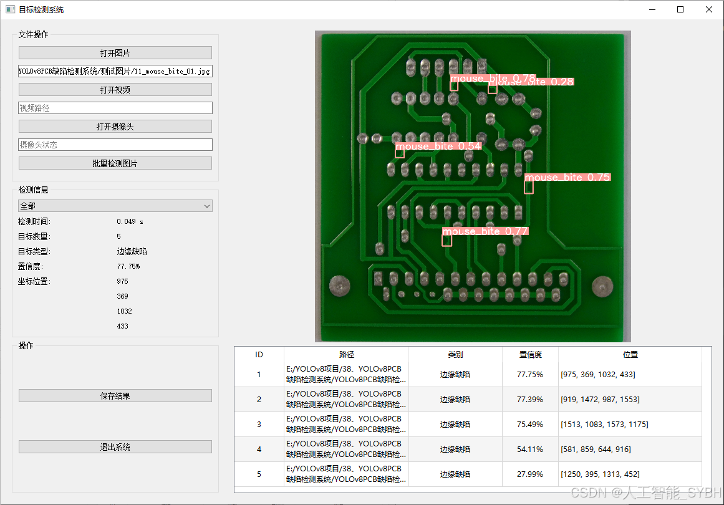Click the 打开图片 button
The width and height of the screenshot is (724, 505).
pos(115,53)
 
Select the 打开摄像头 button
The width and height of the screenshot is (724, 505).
pos(115,127)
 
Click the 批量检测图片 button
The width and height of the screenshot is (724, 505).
pos(115,163)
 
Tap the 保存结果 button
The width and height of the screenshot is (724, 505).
pos(115,396)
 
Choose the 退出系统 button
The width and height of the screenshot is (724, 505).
pos(115,447)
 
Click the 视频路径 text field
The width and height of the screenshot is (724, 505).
pos(115,108)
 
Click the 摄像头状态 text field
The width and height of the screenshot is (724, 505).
pos(115,145)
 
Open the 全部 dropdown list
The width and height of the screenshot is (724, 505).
pos(115,206)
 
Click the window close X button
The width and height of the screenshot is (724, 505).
pos(709,9)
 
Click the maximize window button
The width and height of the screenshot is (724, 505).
pos(680,9)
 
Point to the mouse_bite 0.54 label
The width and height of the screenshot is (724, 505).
pos(438,147)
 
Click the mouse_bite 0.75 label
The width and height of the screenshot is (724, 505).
pos(567,178)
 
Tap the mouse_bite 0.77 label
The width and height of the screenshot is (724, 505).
pos(485,231)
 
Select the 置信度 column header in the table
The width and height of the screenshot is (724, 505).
pos(530,355)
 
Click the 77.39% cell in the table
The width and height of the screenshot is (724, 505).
pos(530,400)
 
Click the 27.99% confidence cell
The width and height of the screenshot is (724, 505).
pos(530,474)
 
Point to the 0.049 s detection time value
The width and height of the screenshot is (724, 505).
pos(130,221)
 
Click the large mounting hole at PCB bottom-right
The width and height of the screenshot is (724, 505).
pos(599,286)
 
